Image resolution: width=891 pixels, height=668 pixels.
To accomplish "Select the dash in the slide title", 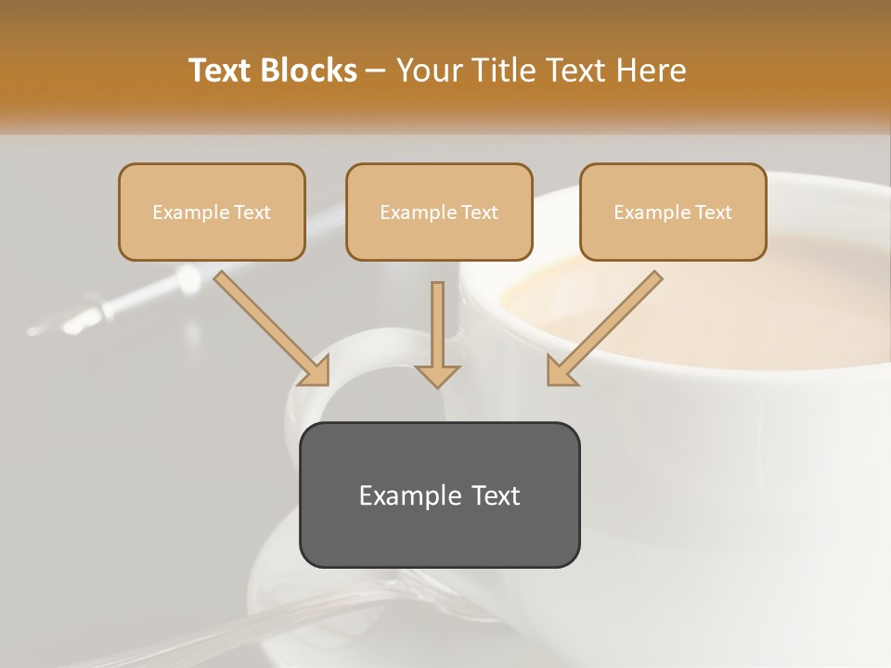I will click(x=376, y=71).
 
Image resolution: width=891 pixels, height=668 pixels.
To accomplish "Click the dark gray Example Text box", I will click(x=439, y=529).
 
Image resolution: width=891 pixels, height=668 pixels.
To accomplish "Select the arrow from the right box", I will click(x=603, y=328).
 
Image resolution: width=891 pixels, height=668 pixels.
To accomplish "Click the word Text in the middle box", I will click(x=480, y=212).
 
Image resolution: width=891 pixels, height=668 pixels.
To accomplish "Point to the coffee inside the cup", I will click(x=705, y=306).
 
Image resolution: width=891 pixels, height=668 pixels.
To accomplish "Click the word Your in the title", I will click(x=428, y=71).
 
